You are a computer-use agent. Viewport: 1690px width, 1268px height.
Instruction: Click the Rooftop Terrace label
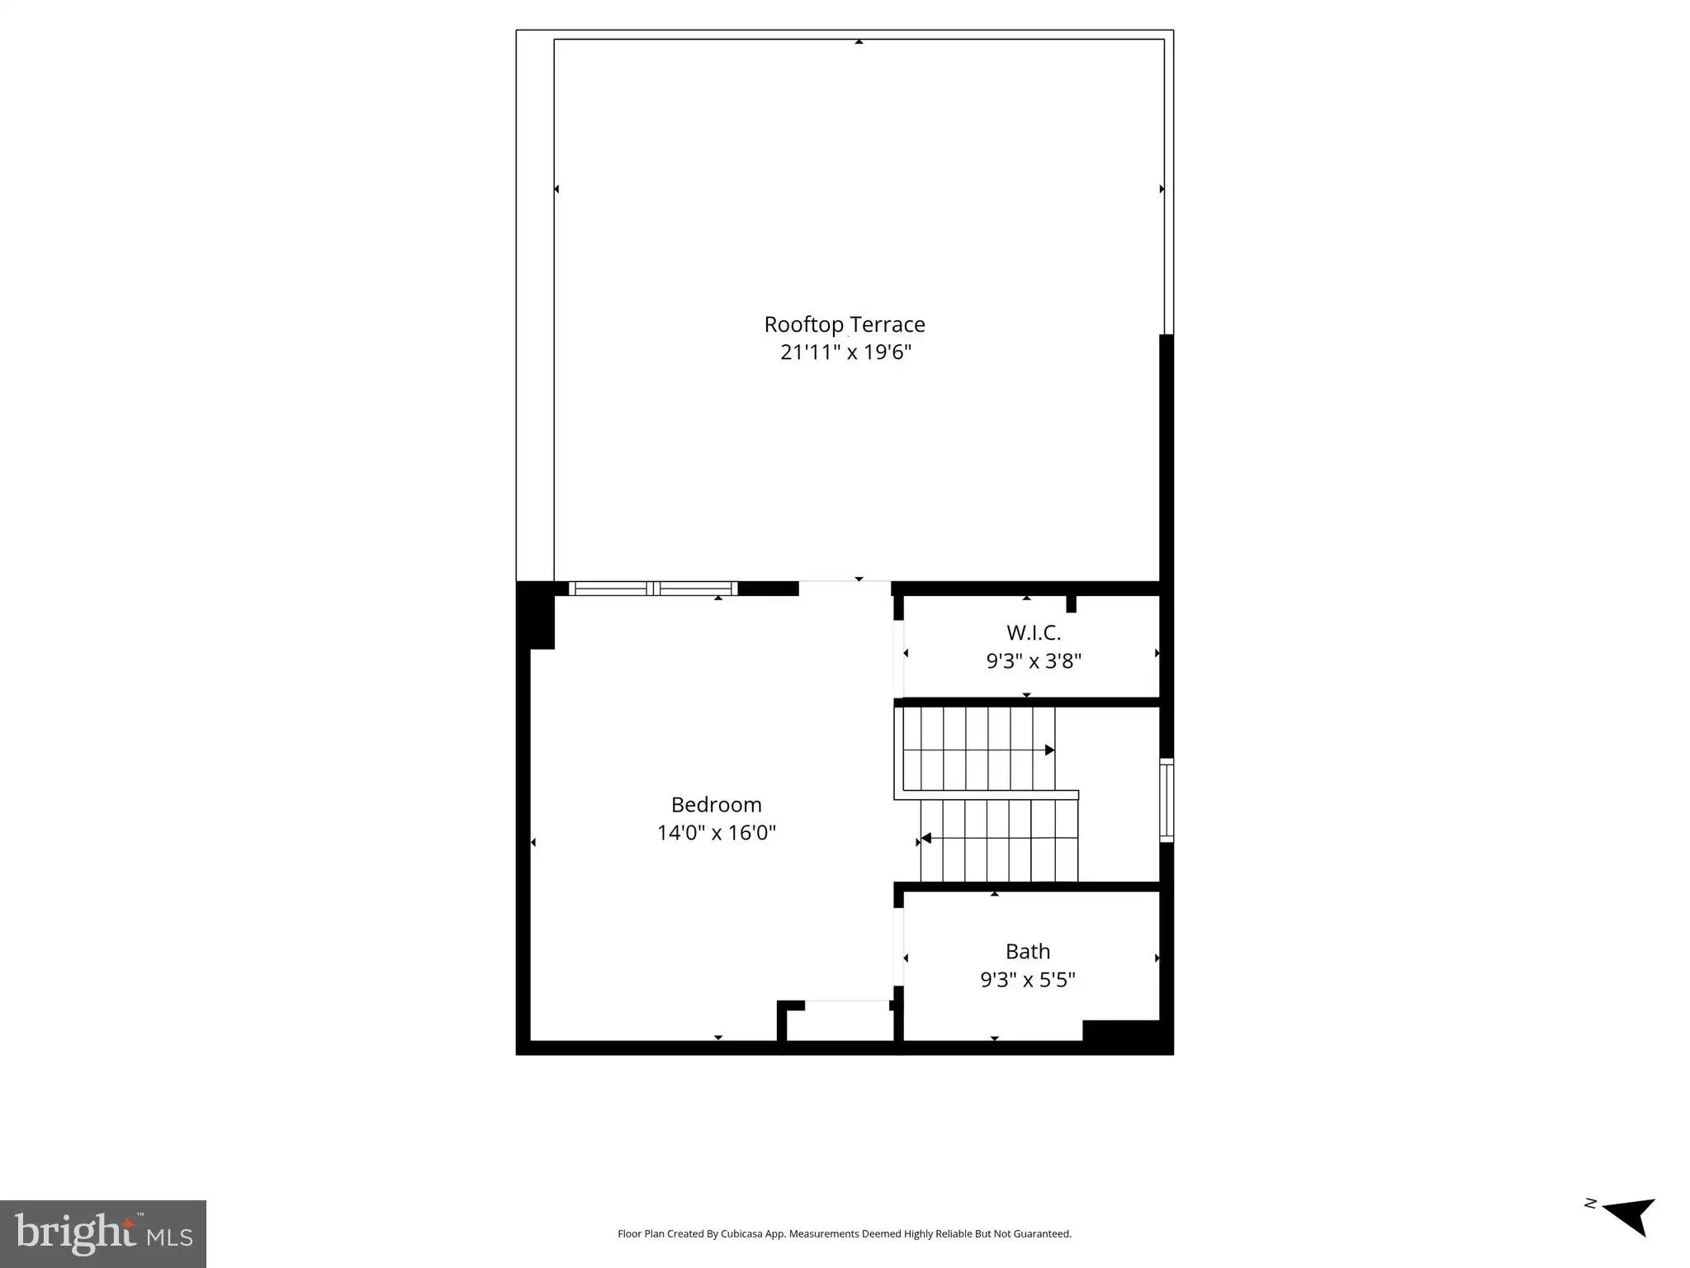pyautogui.click(x=845, y=324)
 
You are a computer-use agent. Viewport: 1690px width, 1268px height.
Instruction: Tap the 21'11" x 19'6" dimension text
pyautogui.click(x=845, y=352)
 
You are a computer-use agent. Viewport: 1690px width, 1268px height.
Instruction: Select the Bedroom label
pyautogui.click(x=717, y=805)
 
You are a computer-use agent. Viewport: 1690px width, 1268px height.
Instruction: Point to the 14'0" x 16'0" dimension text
pyautogui.click(x=717, y=833)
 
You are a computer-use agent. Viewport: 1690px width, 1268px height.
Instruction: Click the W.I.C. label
pyautogui.click(x=1034, y=633)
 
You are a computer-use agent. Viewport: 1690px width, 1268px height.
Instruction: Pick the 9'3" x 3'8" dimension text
pyautogui.click(x=1034, y=661)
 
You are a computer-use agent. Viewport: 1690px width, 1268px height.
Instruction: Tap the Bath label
pyautogui.click(x=1028, y=952)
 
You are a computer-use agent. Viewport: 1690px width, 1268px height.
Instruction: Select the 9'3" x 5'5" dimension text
pyautogui.click(x=1028, y=980)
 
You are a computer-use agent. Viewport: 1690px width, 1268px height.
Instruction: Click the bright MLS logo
pyautogui.click(x=103, y=1233)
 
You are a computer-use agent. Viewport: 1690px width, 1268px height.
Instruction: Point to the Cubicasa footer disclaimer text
pyautogui.click(x=845, y=1234)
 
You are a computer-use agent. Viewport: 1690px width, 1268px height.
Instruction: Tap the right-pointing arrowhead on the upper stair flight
pyautogui.click(x=1050, y=750)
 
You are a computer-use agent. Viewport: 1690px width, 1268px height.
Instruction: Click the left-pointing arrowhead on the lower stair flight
pyautogui.click(x=926, y=838)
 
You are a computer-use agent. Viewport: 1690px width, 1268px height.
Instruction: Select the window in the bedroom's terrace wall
pyautogui.click(x=653, y=589)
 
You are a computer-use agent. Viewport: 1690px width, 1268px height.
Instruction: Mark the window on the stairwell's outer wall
pyautogui.click(x=1167, y=800)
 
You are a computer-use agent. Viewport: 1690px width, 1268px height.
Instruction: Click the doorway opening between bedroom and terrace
pyautogui.click(x=845, y=588)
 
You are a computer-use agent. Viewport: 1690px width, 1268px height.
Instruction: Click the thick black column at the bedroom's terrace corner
pyautogui.click(x=535, y=615)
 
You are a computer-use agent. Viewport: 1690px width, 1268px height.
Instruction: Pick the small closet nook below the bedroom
pyautogui.click(x=838, y=1021)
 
